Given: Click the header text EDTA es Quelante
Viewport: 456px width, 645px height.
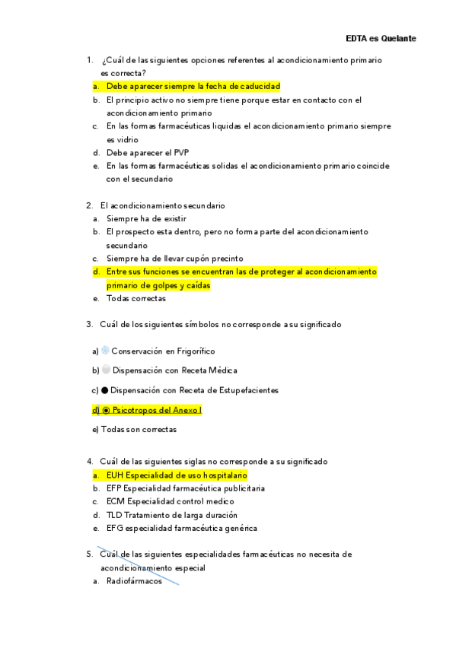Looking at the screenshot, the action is pos(381,38).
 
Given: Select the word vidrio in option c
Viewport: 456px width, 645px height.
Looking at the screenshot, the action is pos(119,140).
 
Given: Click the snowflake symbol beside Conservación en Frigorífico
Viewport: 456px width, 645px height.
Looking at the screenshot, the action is pos(105,351).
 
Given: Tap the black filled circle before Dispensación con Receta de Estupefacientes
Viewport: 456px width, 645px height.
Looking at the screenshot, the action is pos(105,390).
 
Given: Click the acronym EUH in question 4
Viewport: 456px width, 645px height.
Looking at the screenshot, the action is pos(114,475).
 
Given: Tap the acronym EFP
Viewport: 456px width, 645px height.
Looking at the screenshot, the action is pos(113,488).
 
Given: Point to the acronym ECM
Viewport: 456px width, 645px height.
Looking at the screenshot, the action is pos(114,501).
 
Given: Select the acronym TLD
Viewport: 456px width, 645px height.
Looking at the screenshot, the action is pos(114,515).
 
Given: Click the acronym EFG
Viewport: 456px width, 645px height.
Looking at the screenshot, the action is pos(114,528).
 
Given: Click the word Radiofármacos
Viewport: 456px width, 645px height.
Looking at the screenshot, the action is pos(129,581).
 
